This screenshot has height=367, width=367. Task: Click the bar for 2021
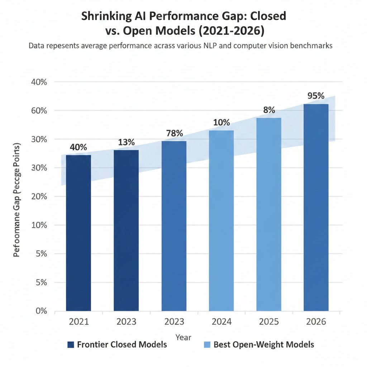click(78, 233)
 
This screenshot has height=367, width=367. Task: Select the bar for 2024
click(221, 220)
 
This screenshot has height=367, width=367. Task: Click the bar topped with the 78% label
click(174, 226)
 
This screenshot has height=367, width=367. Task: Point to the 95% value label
click(316, 96)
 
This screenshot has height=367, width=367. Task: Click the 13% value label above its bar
click(126, 142)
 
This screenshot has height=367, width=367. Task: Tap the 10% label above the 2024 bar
click(221, 123)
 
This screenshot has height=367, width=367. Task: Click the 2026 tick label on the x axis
click(316, 321)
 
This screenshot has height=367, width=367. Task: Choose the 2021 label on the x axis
click(78, 321)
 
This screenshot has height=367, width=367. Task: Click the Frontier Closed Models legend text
click(122, 344)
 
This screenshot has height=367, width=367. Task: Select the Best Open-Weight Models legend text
click(263, 344)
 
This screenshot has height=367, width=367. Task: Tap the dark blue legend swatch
click(71, 345)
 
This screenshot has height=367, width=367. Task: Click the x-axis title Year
click(183, 337)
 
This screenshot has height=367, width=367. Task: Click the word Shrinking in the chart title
click(104, 16)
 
